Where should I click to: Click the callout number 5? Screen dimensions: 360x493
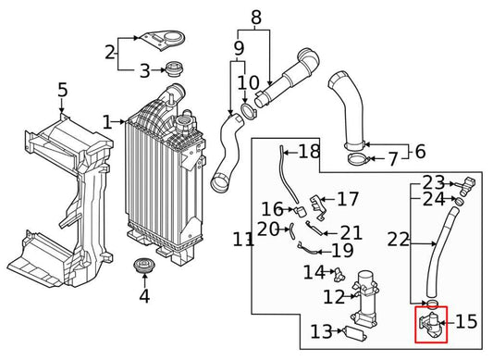coord(62,91)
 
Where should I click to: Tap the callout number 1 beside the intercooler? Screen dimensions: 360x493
coord(107,122)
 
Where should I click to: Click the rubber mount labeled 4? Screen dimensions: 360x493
coord(143,268)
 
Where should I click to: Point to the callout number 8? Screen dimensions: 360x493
coord(256,17)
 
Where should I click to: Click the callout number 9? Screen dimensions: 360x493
coord(239,47)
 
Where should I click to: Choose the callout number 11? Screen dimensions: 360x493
coord(243,240)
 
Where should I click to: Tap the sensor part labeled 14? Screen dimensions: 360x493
coord(338,274)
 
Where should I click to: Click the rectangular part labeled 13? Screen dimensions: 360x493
coord(355,332)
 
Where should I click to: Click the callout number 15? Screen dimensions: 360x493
coord(466,323)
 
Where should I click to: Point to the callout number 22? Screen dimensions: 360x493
coord(398,240)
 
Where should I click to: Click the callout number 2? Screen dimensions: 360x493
coord(109,52)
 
